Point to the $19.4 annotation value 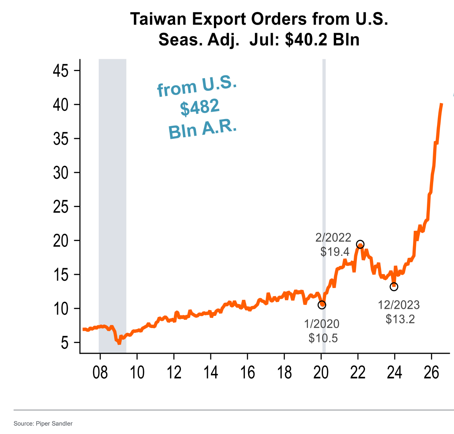point(335,252)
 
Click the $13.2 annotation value point(400,319)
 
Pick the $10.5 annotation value point(323,338)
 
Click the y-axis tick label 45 point(61,71)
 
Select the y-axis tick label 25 point(61,207)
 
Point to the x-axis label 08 point(100,373)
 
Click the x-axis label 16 point(247,373)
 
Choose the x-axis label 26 point(431,373)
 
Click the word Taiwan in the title point(158,19)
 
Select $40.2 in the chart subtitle point(306,39)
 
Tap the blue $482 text point(200,107)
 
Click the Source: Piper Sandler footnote point(43,423)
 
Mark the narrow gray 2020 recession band point(324,206)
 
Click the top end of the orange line point(441,104)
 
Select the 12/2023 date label point(399,305)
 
